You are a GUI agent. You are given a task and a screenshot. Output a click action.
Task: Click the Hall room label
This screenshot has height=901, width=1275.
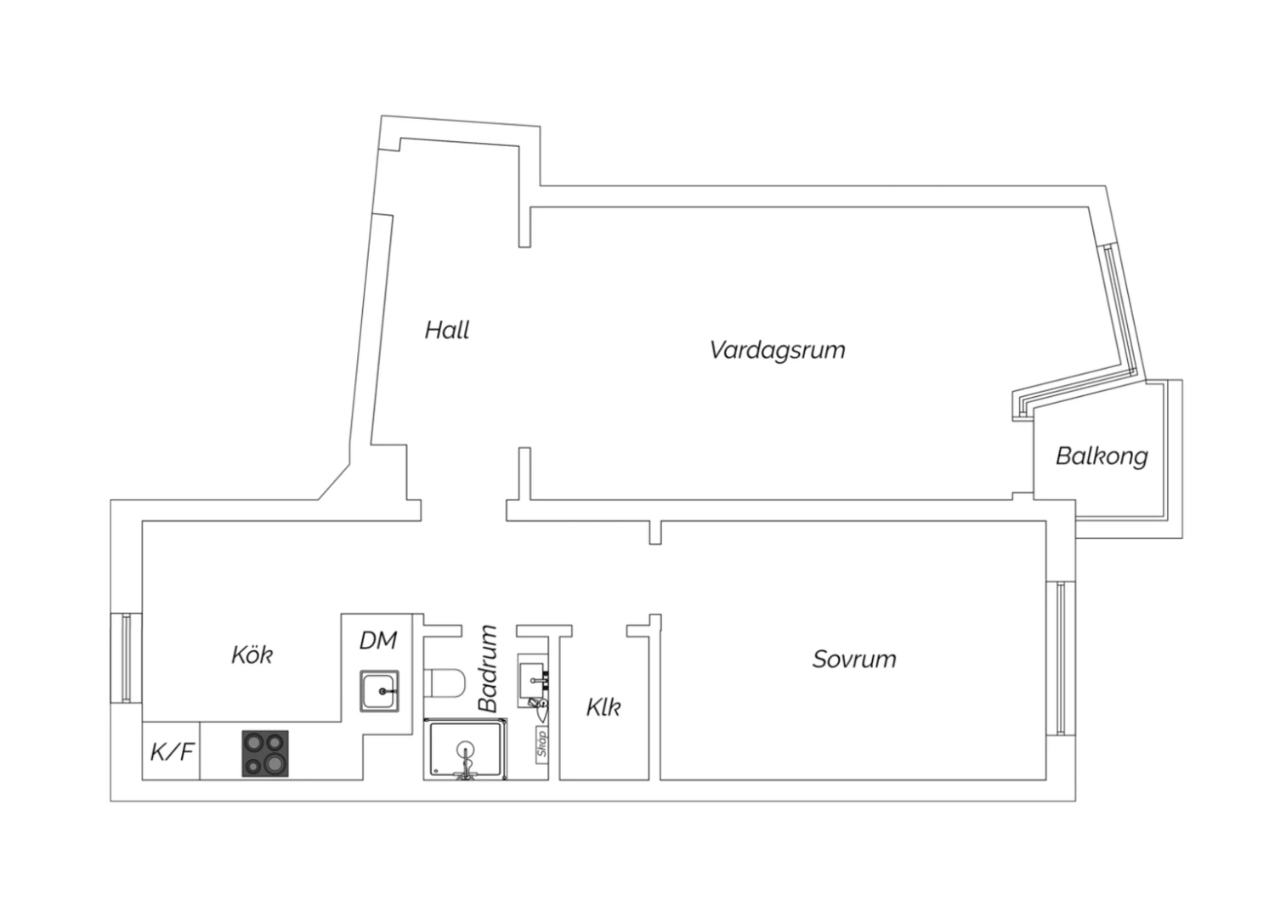point(447,330)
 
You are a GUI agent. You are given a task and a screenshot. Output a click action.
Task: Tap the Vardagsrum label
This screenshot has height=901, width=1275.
point(778,349)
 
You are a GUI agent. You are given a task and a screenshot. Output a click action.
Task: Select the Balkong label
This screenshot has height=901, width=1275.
point(1102,456)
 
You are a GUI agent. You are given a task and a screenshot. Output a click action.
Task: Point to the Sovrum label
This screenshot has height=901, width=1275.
point(854,659)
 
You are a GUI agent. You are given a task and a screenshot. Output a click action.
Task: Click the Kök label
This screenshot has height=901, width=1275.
point(252,654)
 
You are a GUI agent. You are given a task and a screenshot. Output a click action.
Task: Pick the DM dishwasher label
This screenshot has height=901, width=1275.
point(378,640)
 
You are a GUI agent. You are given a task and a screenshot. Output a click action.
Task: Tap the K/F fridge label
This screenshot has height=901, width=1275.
point(172,751)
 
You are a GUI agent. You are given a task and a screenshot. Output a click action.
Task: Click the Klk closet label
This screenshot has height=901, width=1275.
point(603,707)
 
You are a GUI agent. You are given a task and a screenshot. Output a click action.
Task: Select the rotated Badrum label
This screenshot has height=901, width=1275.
point(489,669)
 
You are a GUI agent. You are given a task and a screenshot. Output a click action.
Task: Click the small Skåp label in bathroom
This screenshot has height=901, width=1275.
point(542,744)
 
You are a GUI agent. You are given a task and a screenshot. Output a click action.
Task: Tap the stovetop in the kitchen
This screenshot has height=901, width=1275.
point(265,754)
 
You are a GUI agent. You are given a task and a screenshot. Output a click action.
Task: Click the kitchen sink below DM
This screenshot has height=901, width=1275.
point(379,691)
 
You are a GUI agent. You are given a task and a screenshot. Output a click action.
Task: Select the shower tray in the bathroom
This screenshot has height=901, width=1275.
point(466,749)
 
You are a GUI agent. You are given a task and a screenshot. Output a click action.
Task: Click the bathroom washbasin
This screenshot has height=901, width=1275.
point(533,680)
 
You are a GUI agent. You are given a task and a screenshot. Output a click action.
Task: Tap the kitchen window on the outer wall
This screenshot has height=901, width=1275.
point(126,657)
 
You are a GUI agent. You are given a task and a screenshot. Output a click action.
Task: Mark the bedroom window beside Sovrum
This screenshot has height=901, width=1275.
point(1061,658)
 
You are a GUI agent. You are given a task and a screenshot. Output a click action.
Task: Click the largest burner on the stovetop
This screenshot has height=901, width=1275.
point(275,762)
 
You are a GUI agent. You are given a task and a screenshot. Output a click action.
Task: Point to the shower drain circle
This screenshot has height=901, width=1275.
point(466,749)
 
